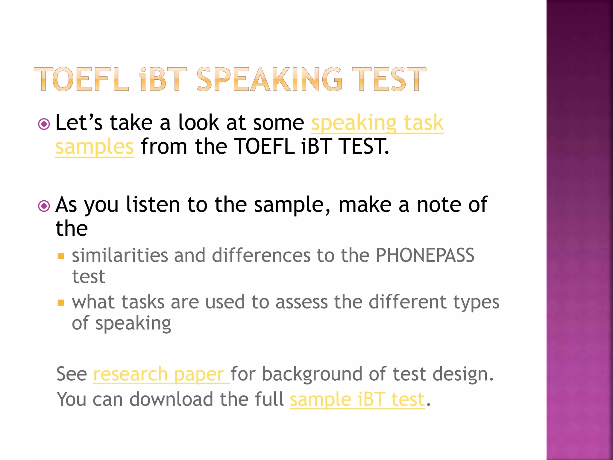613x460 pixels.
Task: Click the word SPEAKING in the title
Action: point(269,79)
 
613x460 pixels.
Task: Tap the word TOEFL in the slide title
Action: point(81,79)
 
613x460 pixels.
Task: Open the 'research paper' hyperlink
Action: point(161,374)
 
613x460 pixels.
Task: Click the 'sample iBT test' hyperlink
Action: point(357,400)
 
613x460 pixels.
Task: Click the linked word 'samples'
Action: point(95,146)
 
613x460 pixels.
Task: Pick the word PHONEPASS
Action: point(425,255)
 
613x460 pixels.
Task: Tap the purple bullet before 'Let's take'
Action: point(44,124)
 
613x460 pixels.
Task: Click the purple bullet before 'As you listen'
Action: point(44,206)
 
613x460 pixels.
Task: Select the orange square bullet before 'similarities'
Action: point(61,256)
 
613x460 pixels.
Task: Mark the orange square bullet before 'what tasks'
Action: point(61,303)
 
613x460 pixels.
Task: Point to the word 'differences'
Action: point(261,255)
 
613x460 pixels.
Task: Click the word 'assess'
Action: point(301,302)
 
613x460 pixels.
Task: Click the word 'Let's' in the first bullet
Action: point(79,122)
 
